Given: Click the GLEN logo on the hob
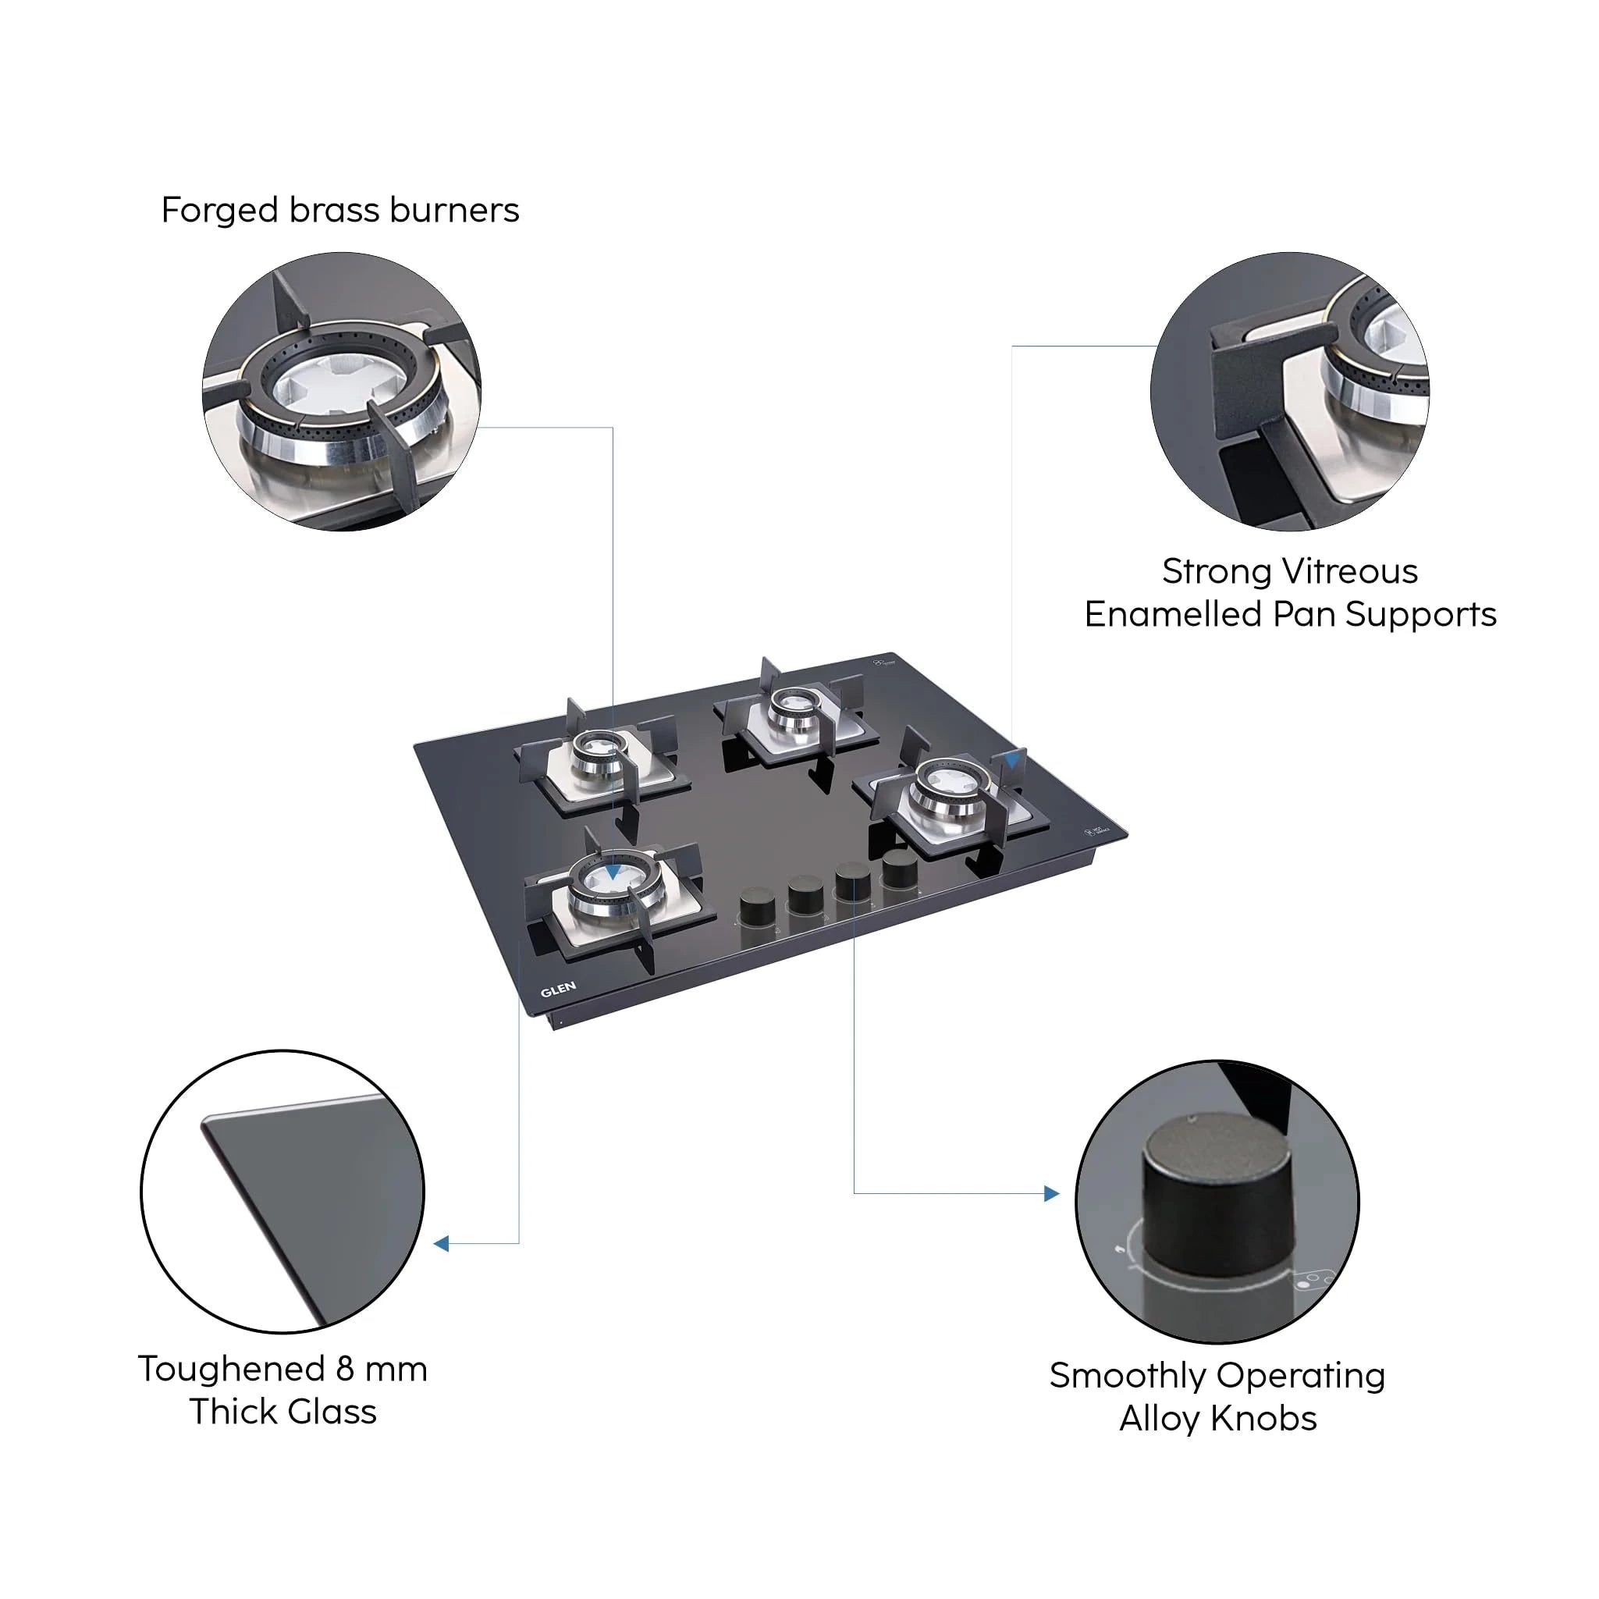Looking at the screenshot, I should pyautogui.click(x=558, y=989).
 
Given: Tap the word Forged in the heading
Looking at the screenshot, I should pyautogui.click(x=219, y=211).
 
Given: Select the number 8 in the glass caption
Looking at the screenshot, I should pyautogui.click(x=345, y=1370).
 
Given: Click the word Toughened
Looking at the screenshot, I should pyautogui.click(x=232, y=1370).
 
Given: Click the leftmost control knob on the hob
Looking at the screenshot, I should pyautogui.click(x=756, y=906).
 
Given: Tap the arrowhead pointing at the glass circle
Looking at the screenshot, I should pyautogui.click(x=442, y=1243).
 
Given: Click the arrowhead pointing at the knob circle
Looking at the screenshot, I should pyautogui.click(x=1052, y=1193).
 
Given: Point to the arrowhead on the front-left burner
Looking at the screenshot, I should pyautogui.click(x=612, y=872).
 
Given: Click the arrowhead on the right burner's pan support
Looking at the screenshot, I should pyautogui.click(x=1011, y=761).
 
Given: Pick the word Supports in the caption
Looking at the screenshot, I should pyautogui.click(x=1420, y=615).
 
